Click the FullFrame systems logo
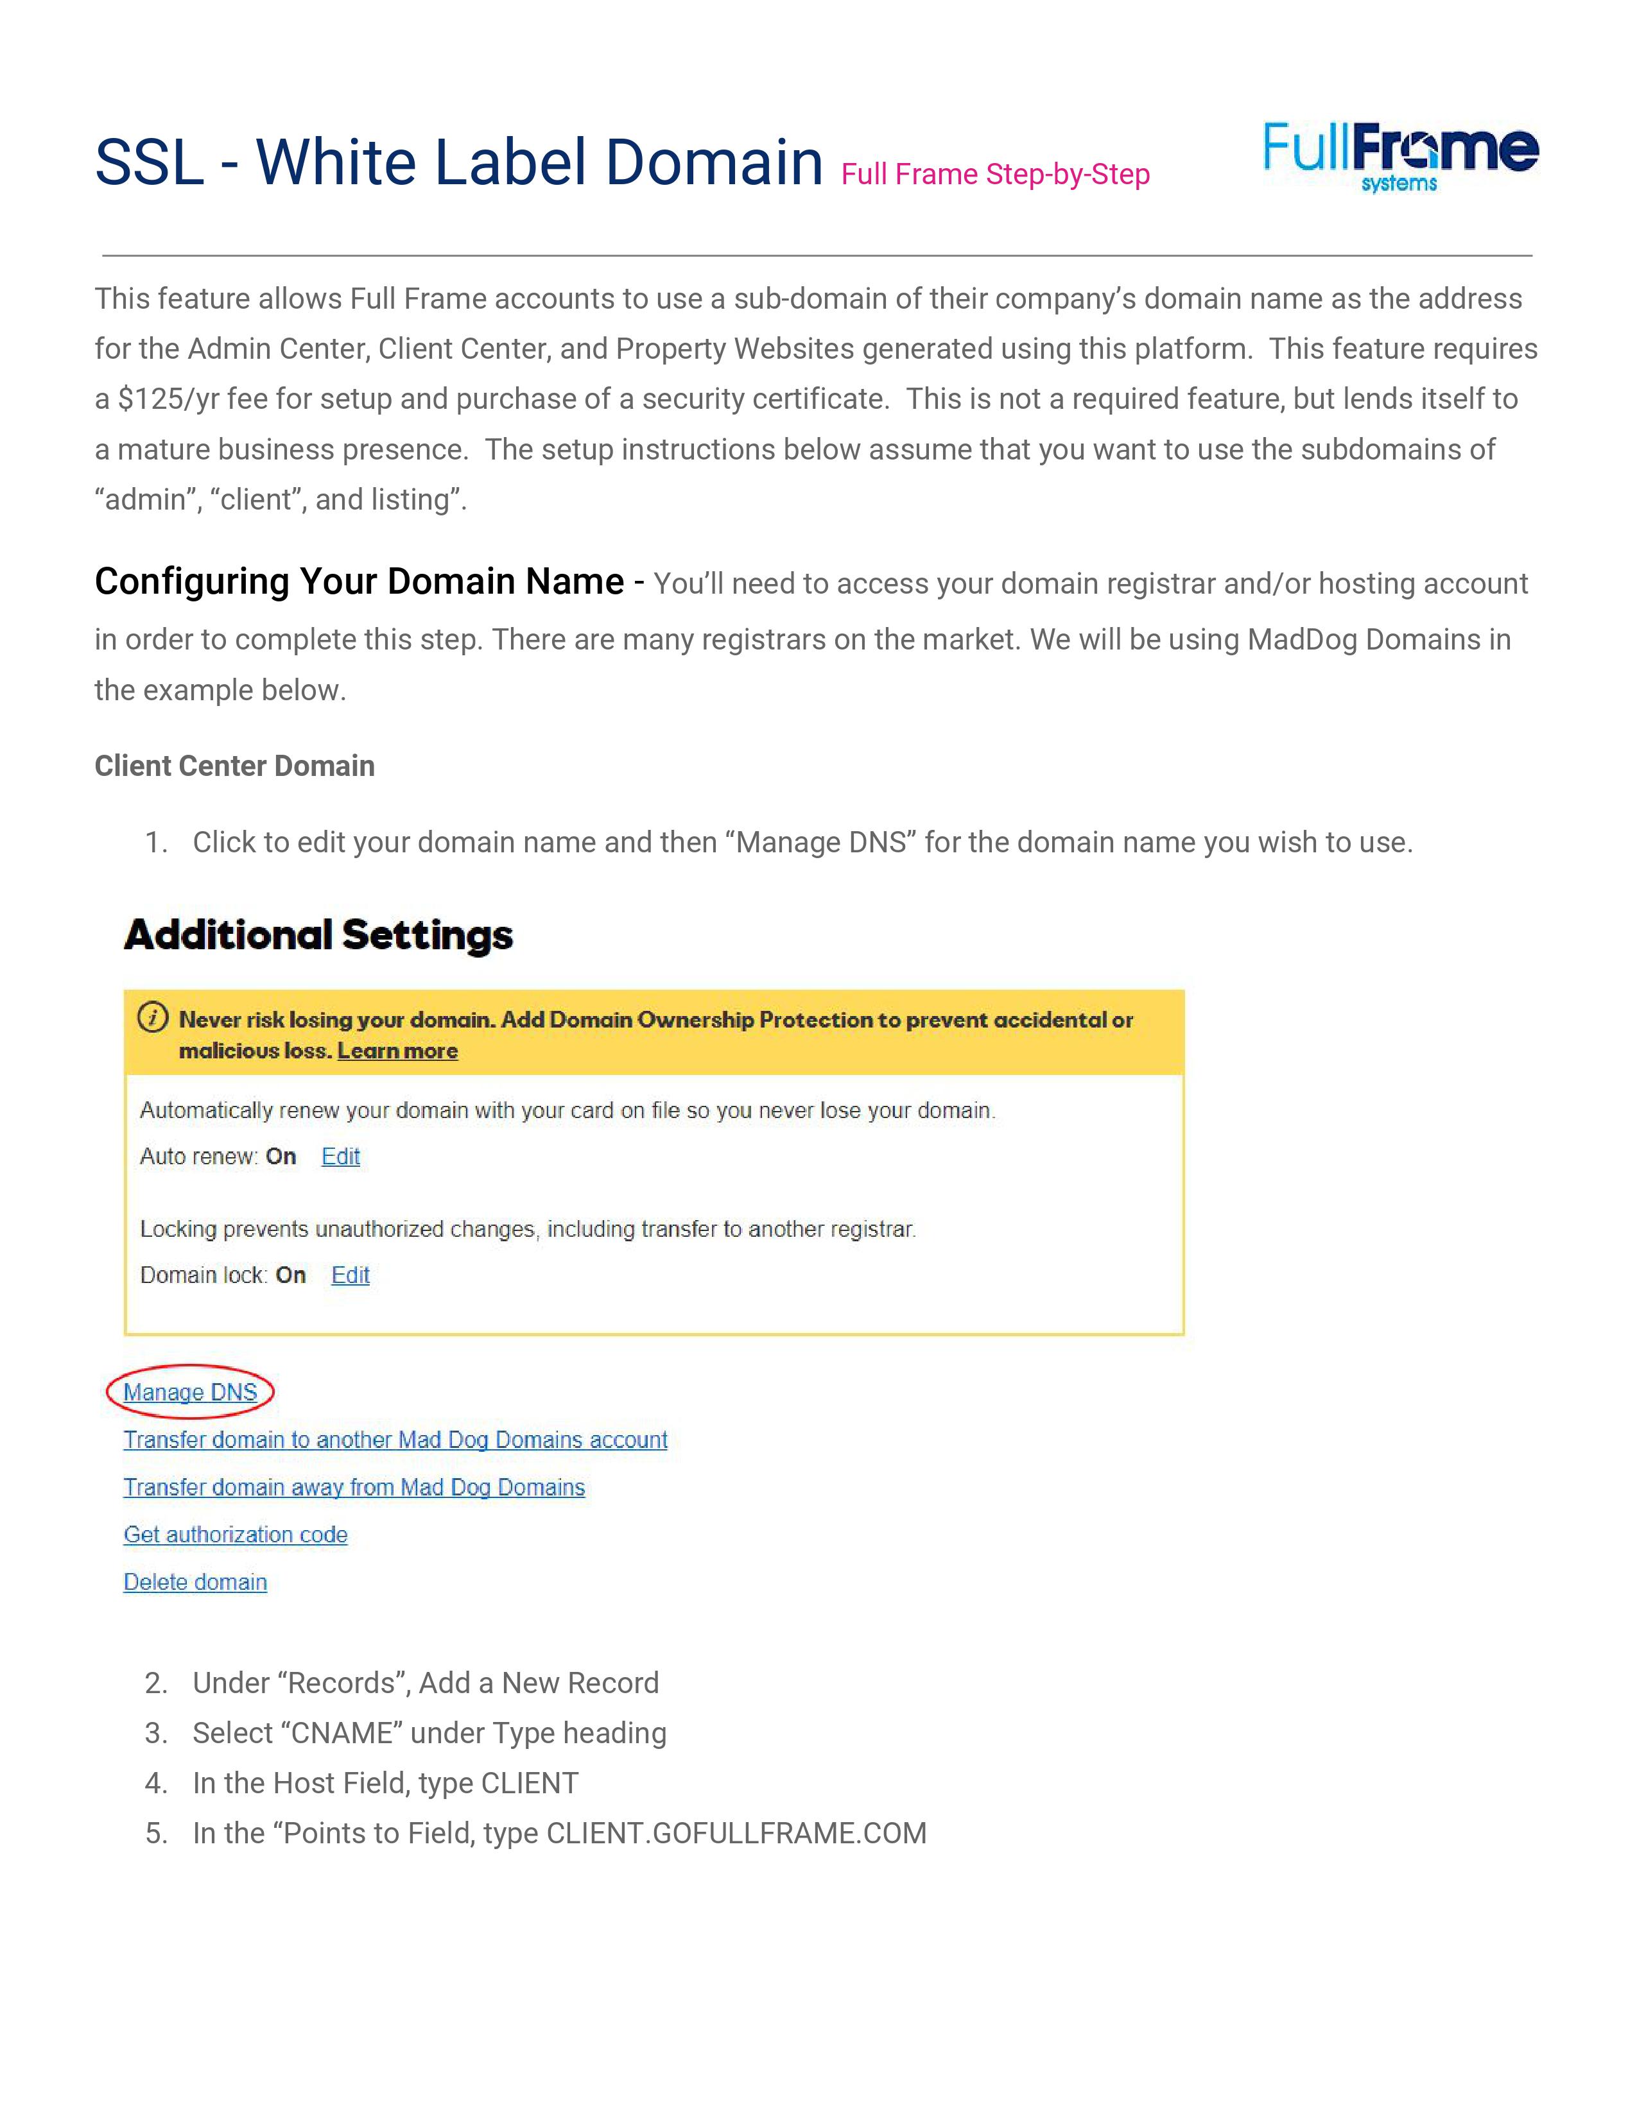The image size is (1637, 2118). (1399, 156)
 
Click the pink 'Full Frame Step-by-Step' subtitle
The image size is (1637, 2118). (995, 175)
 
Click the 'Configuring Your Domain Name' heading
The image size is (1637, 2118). (359, 582)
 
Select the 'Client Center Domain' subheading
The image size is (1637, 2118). (235, 766)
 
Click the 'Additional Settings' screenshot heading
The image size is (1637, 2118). (318, 935)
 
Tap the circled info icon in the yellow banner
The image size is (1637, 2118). (152, 1019)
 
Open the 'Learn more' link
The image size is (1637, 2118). (397, 1051)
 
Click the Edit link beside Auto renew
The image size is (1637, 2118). (340, 1157)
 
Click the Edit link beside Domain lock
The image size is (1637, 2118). (350, 1275)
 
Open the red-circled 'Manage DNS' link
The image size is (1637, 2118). (190, 1393)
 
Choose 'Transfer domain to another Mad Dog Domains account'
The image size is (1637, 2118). (395, 1440)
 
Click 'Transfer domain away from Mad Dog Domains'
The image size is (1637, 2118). (354, 1488)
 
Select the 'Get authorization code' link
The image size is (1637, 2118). (236, 1535)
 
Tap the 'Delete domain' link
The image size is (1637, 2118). (195, 1583)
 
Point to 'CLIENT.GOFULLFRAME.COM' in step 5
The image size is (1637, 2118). (736, 1834)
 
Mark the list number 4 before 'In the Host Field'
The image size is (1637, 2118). (155, 1784)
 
